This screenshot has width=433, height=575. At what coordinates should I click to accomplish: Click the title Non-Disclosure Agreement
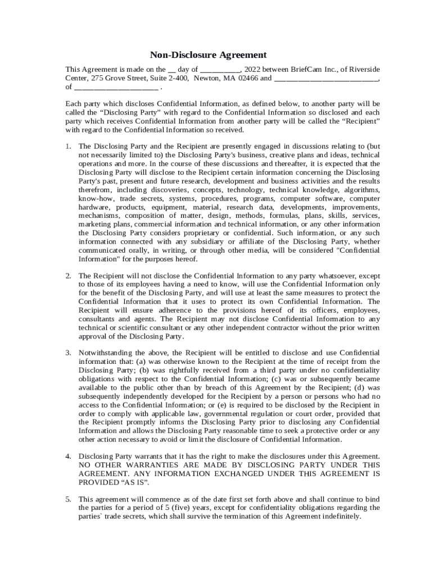208,55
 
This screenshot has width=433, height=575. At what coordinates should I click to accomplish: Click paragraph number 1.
67,146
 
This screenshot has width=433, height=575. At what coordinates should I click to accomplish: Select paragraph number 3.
67,353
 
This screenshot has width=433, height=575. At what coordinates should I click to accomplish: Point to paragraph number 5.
67,499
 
